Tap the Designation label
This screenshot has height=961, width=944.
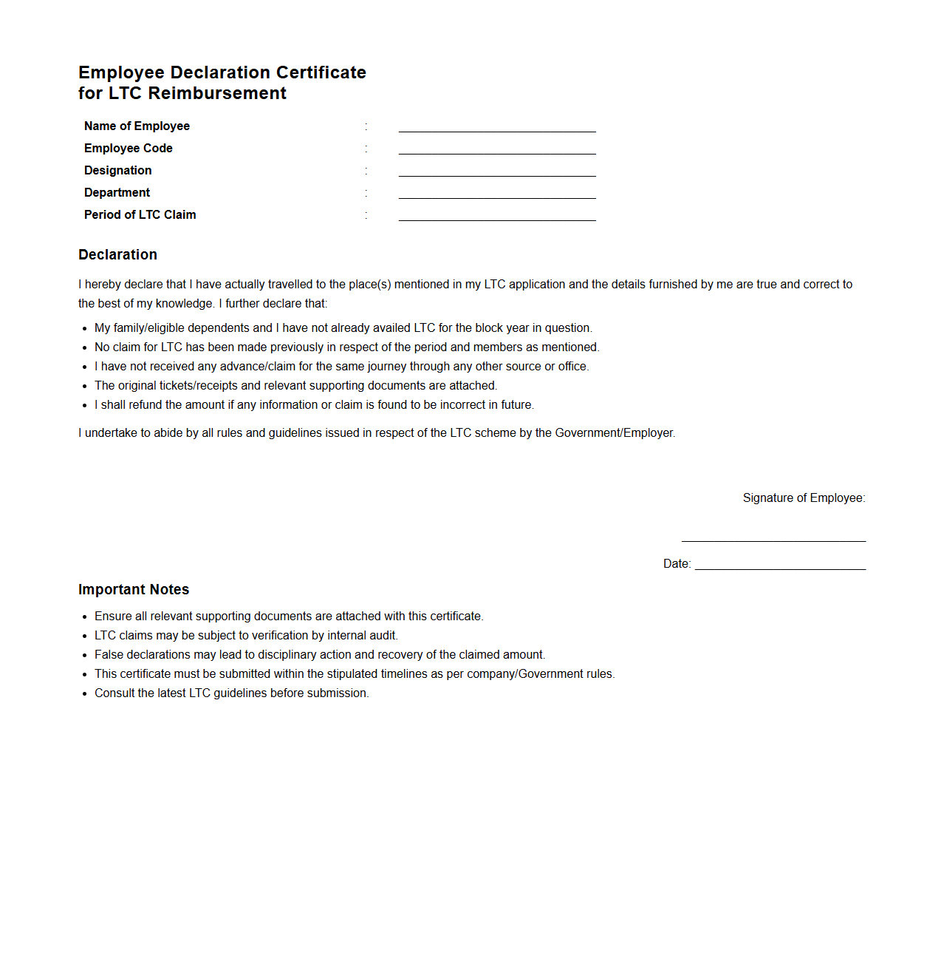coord(118,171)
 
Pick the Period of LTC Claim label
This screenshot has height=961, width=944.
coord(140,215)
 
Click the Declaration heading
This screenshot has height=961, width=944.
coord(118,255)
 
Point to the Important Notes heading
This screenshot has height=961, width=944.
coord(134,590)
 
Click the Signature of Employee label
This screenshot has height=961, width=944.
coord(804,498)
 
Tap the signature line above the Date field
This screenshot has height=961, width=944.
coord(773,540)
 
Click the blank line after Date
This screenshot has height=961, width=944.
coord(780,568)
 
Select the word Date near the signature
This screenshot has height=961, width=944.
coord(676,564)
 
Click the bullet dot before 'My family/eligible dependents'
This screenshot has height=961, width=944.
coord(85,329)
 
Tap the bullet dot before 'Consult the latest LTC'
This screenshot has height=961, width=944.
coord(85,694)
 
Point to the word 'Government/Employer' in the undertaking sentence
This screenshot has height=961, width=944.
coord(615,433)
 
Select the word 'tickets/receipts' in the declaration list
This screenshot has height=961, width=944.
coord(198,386)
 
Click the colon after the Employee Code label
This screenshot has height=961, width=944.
coord(366,149)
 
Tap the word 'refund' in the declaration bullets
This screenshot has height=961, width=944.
coord(146,405)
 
